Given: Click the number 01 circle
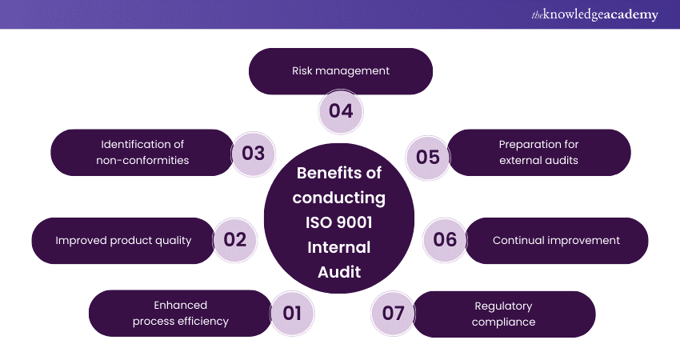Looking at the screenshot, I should point(293,313).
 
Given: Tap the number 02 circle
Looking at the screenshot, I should point(235,240).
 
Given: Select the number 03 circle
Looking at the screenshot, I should point(253,153).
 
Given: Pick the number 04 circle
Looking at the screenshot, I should point(341,110).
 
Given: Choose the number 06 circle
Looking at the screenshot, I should point(445,240).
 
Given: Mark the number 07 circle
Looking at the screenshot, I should point(393,313).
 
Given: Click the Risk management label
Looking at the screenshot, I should point(341,70).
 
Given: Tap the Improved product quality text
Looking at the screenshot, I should point(123,240).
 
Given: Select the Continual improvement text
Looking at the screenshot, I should point(556,240).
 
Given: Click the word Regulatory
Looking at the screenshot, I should point(503,306).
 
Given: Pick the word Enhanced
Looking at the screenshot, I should point(181,305).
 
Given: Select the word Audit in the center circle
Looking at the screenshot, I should point(339,272).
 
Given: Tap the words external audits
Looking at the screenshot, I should point(538,160).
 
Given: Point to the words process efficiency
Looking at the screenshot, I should point(181,321).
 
